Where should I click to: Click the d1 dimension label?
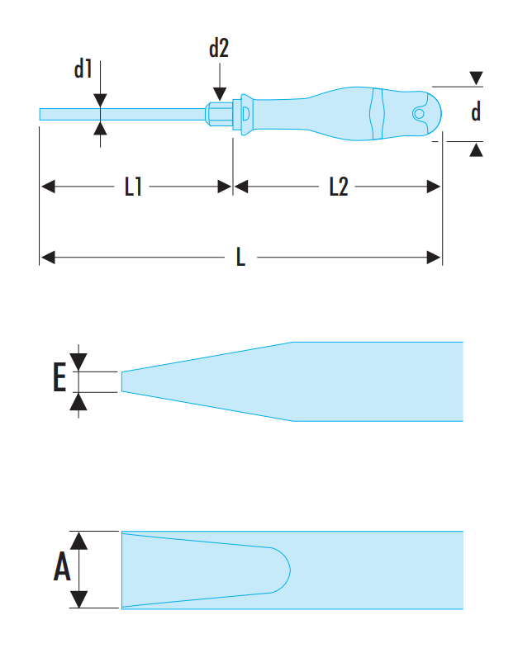click(x=83, y=69)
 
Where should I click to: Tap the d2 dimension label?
click(x=219, y=49)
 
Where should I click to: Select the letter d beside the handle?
click(x=476, y=111)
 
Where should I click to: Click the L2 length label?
click(x=338, y=187)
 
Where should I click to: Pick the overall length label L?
click(x=240, y=258)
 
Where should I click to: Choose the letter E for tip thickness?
click(x=59, y=379)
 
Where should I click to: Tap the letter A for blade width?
click(x=62, y=568)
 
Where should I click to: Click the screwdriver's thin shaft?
click(x=124, y=113)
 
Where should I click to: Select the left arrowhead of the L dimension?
click(x=47, y=258)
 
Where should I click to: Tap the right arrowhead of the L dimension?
click(x=434, y=258)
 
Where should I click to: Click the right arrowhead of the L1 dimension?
click(x=225, y=187)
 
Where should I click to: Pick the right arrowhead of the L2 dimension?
click(x=434, y=187)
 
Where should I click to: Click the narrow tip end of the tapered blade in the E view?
click(x=124, y=381)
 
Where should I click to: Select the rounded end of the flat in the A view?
click(x=284, y=569)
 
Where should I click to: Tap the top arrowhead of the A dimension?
click(x=79, y=541)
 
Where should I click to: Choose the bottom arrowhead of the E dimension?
click(x=78, y=402)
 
